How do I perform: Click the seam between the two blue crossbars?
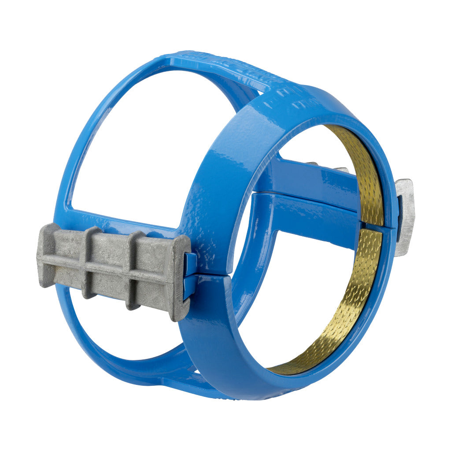pos(308,198)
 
